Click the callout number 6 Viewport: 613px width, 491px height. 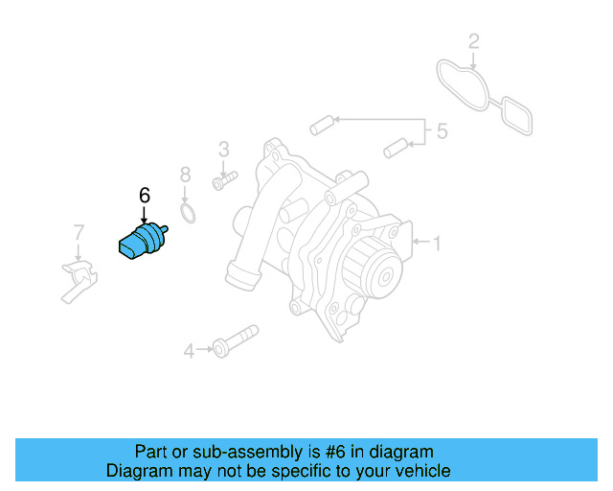(x=145, y=196)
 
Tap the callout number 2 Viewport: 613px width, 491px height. (x=473, y=41)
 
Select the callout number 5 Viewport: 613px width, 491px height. (x=442, y=131)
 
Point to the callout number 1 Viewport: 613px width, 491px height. (x=437, y=244)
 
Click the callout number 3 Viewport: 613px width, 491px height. (x=224, y=149)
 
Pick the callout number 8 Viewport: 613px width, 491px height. (x=186, y=175)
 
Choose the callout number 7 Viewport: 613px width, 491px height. (x=79, y=231)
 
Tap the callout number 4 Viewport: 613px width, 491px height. (x=189, y=351)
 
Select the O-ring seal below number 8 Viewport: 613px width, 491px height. (x=190, y=212)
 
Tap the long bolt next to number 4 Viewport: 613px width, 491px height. (x=235, y=341)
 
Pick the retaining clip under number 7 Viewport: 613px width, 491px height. (x=80, y=280)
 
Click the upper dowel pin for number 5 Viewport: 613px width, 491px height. (x=321, y=124)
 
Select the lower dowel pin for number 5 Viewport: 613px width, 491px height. (x=396, y=149)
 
